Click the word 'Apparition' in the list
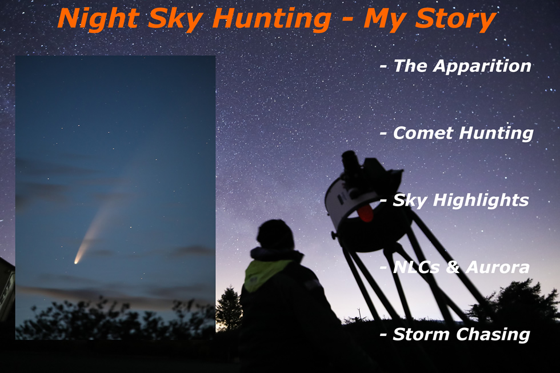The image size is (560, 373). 482,67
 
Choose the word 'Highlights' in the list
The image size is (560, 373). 481,200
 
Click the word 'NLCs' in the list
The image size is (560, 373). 416,267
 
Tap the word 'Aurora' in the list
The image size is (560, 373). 498,267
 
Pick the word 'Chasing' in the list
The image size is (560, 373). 493,335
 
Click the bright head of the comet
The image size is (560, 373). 77,262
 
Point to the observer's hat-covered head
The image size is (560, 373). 275,235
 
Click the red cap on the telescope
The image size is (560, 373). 366,212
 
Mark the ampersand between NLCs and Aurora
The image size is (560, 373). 453,267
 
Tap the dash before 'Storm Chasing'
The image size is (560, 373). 383,335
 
